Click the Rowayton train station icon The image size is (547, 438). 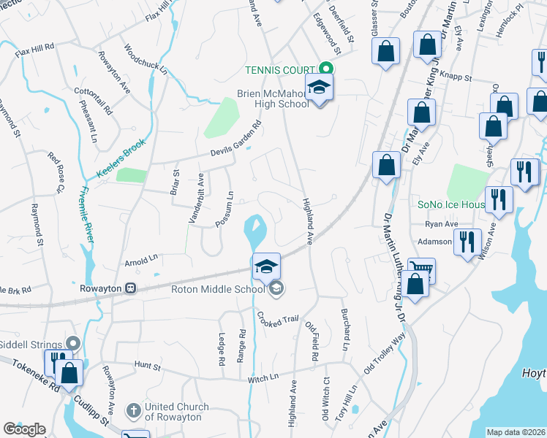(132, 288)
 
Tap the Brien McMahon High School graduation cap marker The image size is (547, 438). (319, 88)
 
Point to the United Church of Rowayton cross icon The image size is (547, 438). (132, 411)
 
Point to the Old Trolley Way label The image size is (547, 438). (385, 358)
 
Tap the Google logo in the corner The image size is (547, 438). (24, 429)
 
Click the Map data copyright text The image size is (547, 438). (516, 432)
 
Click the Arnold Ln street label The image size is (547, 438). (141, 258)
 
